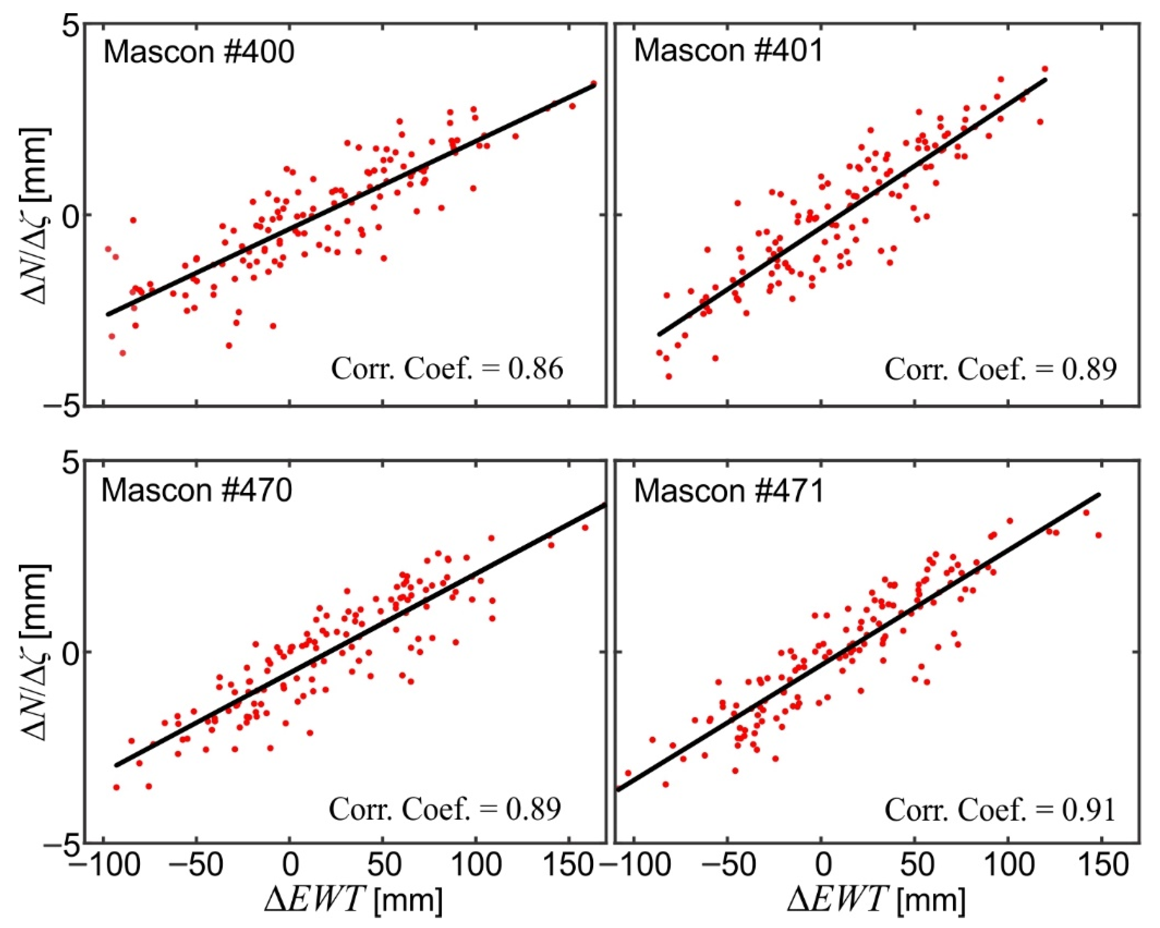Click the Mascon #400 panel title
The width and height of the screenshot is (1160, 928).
pos(199,53)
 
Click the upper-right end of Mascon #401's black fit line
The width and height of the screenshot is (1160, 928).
pos(1045,80)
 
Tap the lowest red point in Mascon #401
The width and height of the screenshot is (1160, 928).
pos(669,376)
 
